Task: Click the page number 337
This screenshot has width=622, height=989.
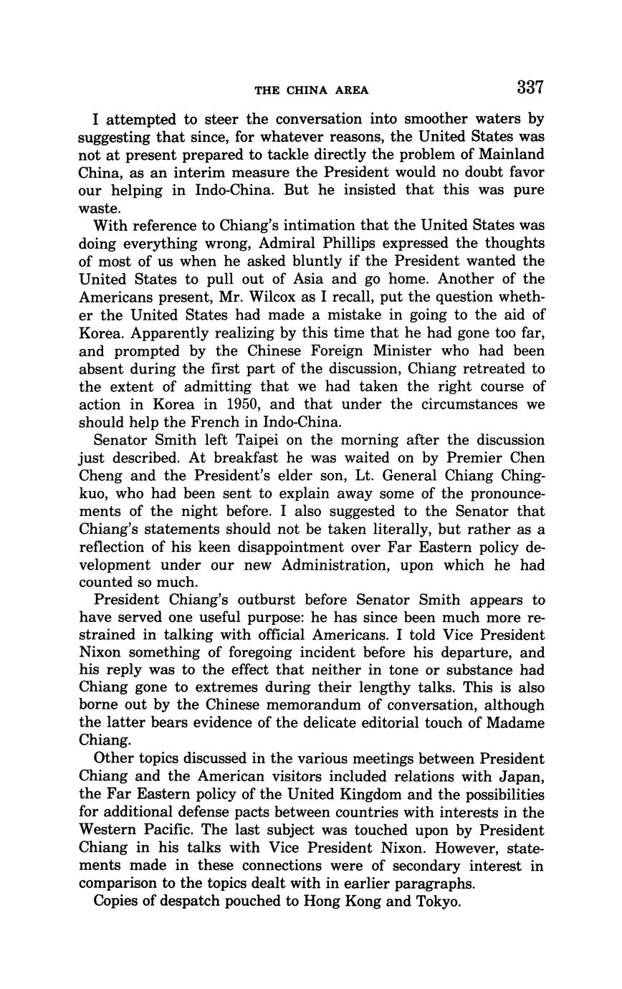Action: point(530,88)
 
